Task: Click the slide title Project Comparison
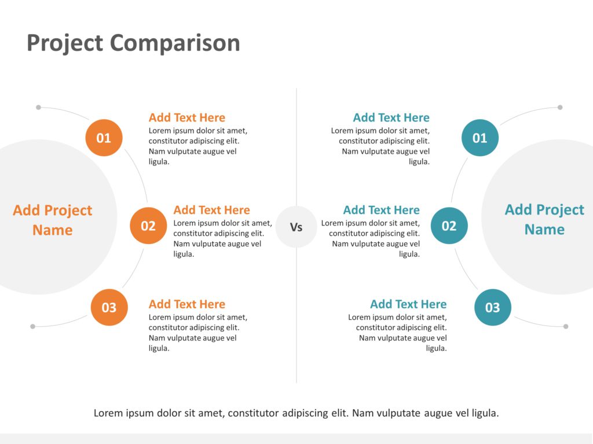coord(133,43)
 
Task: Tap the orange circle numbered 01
coord(104,138)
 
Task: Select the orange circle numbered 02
coord(148,225)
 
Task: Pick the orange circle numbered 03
coord(109,308)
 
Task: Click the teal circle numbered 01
coord(479,138)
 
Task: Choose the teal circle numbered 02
coord(449,225)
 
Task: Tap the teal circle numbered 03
coord(492,308)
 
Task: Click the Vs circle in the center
coord(296,227)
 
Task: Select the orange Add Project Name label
coord(52,220)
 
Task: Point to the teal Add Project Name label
coord(544,219)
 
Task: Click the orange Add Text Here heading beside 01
coord(186,117)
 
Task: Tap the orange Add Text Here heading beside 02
coord(211,210)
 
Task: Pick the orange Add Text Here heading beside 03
coord(186,304)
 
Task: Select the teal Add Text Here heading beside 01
coord(391,117)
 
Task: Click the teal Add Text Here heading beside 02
coord(381,210)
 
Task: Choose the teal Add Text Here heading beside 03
coord(408,304)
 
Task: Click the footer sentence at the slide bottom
coord(296,413)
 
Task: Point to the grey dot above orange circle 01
coord(38,107)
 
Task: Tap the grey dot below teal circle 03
coord(566,326)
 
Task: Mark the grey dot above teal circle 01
coord(560,107)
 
